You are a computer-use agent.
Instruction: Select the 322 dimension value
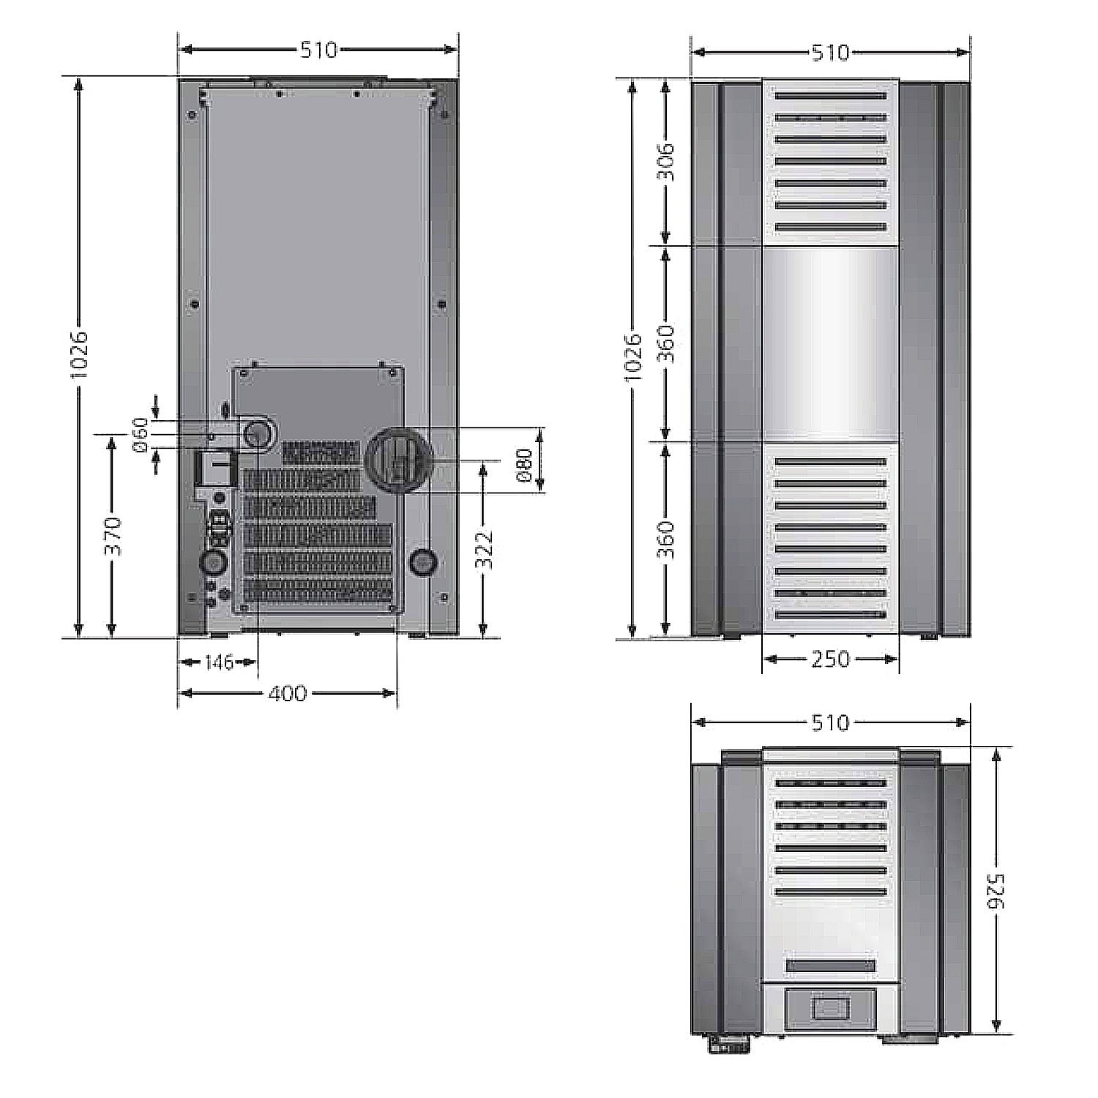[x=484, y=549]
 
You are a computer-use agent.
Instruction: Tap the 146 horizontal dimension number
[x=219, y=662]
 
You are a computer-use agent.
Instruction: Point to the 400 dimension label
[x=287, y=693]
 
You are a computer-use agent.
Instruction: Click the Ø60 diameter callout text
[x=141, y=436]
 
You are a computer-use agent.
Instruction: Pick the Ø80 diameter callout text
[x=524, y=466]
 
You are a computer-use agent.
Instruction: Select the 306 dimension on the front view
[x=665, y=162]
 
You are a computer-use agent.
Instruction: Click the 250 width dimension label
[x=831, y=660]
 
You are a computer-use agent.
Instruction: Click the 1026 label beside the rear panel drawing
[x=79, y=354]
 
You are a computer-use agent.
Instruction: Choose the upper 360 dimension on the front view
[x=665, y=343]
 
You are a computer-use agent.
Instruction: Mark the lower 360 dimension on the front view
[x=665, y=539]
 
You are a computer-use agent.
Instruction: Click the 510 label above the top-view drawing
[x=831, y=723]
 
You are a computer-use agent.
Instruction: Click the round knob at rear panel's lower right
[x=423, y=561]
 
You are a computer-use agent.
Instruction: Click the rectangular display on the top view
[x=831, y=1008]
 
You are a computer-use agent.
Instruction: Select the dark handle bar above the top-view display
[x=831, y=966]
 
